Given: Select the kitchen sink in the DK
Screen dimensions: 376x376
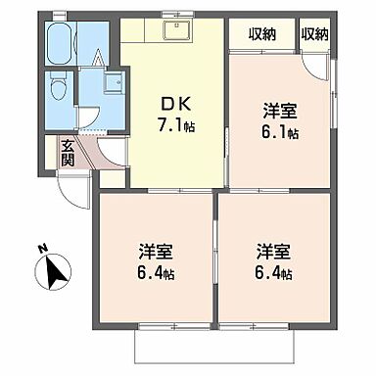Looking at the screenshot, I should pos(176,31).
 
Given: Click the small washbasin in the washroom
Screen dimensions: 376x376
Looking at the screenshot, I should pos(108,83).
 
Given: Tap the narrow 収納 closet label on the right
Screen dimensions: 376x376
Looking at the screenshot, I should pos(315,33).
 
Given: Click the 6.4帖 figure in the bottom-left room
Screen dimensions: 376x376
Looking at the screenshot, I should pos(156,274).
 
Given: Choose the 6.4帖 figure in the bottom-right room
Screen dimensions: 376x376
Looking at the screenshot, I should pos(274,274).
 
